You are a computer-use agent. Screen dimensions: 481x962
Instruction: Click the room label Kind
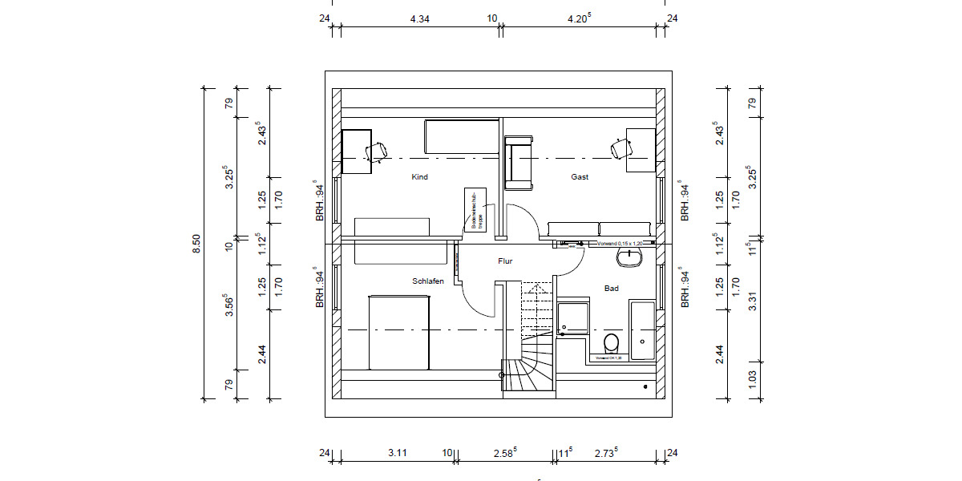point(419,177)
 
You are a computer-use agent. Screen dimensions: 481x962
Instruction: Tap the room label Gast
point(580,177)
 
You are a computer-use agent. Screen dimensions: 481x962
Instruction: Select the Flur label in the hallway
point(505,261)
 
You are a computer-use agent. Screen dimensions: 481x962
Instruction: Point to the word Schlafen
point(428,281)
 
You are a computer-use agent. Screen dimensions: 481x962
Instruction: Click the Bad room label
point(612,289)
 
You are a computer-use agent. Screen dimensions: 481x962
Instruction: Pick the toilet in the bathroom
point(611,344)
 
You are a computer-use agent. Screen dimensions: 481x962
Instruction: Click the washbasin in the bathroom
point(631,257)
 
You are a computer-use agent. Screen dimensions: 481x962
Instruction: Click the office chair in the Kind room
point(375,150)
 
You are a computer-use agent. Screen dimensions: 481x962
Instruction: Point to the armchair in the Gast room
point(519,164)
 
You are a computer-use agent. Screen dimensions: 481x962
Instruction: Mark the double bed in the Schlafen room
point(399,333)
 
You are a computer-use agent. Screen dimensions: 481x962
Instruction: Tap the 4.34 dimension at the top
point(419,18)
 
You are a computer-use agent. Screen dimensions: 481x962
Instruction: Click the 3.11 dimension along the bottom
point(398,453)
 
